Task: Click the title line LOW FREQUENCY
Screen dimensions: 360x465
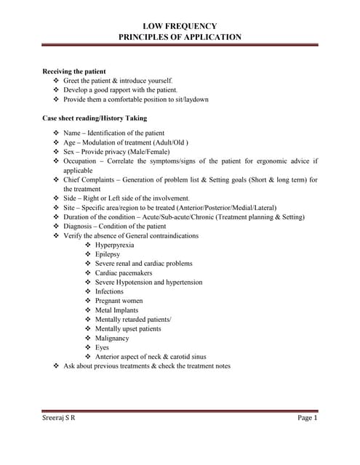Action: point(180,25)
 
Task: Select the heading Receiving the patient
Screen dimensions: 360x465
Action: point(75,71)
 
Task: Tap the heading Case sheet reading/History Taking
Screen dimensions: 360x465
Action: point(95,118)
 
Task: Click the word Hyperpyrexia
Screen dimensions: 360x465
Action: point(114,245)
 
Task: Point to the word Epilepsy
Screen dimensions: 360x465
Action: point(108,254)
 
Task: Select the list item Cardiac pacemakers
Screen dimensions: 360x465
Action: point(123,273)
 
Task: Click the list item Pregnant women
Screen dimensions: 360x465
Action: point(120,301)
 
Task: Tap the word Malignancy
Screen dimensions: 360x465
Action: point(112,338)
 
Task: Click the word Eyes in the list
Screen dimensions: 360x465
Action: point(102,347)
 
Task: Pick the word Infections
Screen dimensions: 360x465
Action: point(109,291)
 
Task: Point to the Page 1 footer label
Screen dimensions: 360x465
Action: point(307,418)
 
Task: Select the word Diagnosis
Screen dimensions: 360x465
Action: point(79,226)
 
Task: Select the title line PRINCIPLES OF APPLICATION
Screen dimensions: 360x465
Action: point(180,36)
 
